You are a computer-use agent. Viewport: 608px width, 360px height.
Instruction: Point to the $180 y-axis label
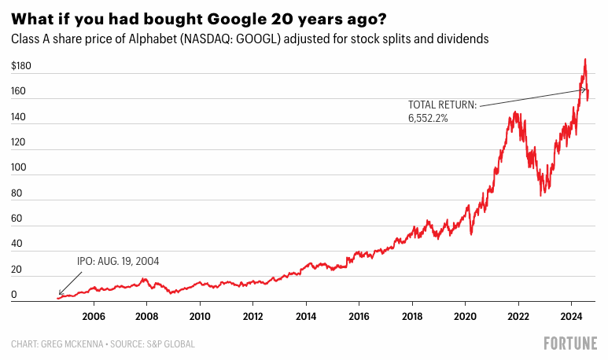click(x=22, y=67)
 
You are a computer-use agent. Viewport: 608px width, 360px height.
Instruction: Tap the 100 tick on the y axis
click(x=19, y=167)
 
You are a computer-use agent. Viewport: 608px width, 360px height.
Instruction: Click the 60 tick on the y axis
click(x=17, y=219)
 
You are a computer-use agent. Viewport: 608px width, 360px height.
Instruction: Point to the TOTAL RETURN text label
click(x=442, y=105)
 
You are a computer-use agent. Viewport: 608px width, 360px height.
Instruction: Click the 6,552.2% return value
click(x=428, y=118)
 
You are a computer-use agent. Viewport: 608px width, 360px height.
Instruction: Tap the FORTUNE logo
click(x=570, y=343)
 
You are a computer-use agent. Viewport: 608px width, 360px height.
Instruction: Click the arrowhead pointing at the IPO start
click(x=60, y=295)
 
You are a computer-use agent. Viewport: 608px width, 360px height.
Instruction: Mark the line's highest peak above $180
click(x=584, y=59)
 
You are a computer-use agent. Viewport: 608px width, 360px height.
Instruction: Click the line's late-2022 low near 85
click(x=540, y=195)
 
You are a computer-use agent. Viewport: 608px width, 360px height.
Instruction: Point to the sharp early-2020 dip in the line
click(x=470, y=233)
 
